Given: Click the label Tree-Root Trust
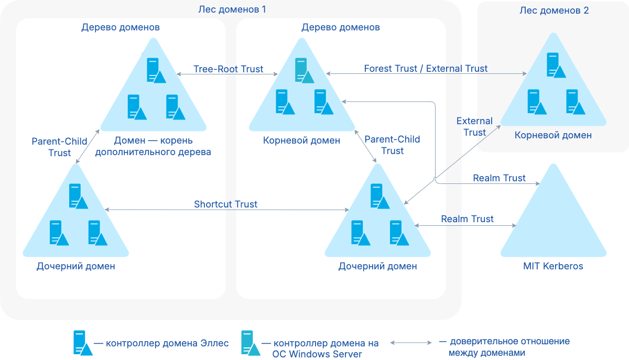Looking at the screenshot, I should click(228, 69).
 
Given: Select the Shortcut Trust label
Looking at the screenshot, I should click(225, 204).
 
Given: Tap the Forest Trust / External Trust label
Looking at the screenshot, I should click(426, 69).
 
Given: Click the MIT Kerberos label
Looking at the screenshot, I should click(553, 266).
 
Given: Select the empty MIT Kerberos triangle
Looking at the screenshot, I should click(552, 220).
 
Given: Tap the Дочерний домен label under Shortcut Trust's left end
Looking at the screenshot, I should click(75, 266).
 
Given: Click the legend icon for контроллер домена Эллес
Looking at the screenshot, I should click(82, 343).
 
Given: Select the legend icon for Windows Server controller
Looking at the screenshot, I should click(250, 343).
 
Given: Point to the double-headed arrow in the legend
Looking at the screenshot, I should click(410, 343).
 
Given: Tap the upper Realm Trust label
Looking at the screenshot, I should click(499, 178).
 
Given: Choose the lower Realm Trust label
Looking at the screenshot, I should click(467, 219).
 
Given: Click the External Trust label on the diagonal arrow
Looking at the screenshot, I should click(474, 127).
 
